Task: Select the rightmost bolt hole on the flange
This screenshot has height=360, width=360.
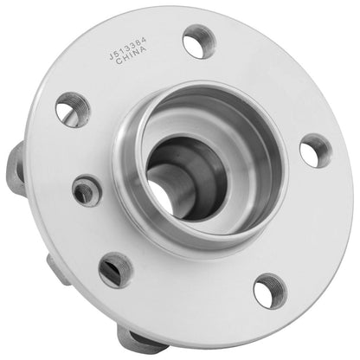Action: (314, 151)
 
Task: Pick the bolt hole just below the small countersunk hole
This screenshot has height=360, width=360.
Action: (115, 269)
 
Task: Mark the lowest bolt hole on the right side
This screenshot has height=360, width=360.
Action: (269, 291)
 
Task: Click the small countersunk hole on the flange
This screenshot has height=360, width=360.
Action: (87, 190)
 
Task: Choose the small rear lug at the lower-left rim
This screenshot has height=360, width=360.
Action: (56, 270)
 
